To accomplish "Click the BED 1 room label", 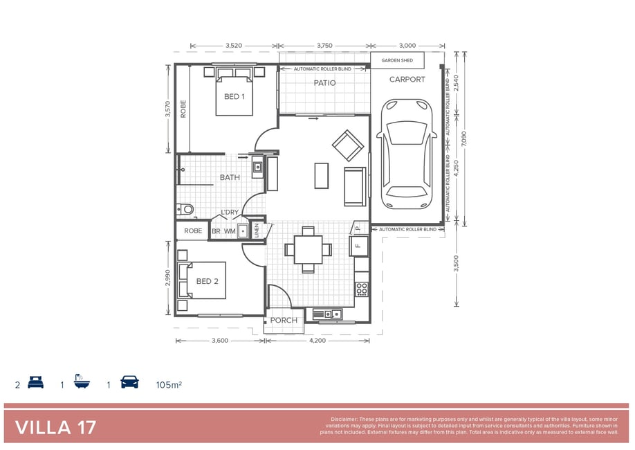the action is [234, 96].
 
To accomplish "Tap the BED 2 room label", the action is [208, 281].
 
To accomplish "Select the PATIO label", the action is [325, 83].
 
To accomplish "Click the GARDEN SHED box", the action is [397, 60].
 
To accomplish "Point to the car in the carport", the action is [407, 154].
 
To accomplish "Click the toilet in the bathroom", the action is [185, 209].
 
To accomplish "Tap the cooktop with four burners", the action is [362, 289].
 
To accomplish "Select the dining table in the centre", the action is [309, 250].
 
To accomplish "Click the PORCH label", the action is [284, 321].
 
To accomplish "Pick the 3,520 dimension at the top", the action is [234, 46].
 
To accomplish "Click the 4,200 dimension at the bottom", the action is [317, 341].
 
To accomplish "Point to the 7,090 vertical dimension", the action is [464, 138].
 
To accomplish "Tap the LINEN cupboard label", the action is [257, 231].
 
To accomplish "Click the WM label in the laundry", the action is [230, 231].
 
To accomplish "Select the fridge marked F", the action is [359, 246].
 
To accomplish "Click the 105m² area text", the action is [169, 385].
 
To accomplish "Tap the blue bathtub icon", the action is [82, 382].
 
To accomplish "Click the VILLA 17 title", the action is [55, 428].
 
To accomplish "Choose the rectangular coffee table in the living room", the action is [322, 176].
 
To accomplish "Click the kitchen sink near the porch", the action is [328, 314].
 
